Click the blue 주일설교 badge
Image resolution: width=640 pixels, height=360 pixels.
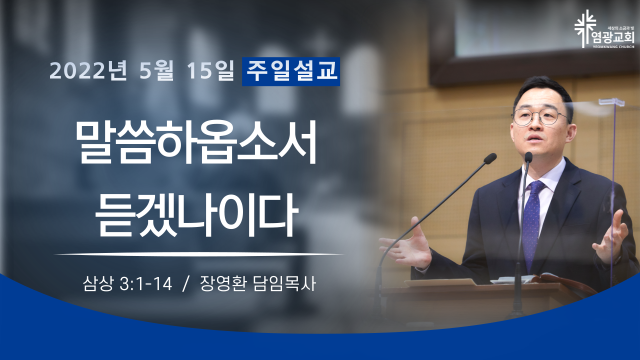(291, 71)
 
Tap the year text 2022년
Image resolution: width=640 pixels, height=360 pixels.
(88, 70)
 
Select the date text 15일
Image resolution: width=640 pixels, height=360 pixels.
(210, 70)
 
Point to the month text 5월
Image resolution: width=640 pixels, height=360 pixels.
(156, 70)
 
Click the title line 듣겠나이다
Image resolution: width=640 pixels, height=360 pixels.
(196, 215)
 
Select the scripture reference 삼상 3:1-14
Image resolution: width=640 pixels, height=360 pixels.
(127, 283)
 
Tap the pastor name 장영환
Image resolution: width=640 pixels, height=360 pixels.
(223, 283)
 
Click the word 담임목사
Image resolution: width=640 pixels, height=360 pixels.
(284, 283)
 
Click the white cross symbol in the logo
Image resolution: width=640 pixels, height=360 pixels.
(585, 29)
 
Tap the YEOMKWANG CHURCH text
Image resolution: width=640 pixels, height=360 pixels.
(617, 46)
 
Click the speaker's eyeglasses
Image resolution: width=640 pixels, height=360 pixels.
(540, 117)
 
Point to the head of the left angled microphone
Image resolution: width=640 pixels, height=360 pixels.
(490, 158)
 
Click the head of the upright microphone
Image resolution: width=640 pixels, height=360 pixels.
(528, 157)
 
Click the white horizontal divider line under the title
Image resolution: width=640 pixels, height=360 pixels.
(199, 253)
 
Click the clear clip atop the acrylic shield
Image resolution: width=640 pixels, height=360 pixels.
(611, 101)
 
